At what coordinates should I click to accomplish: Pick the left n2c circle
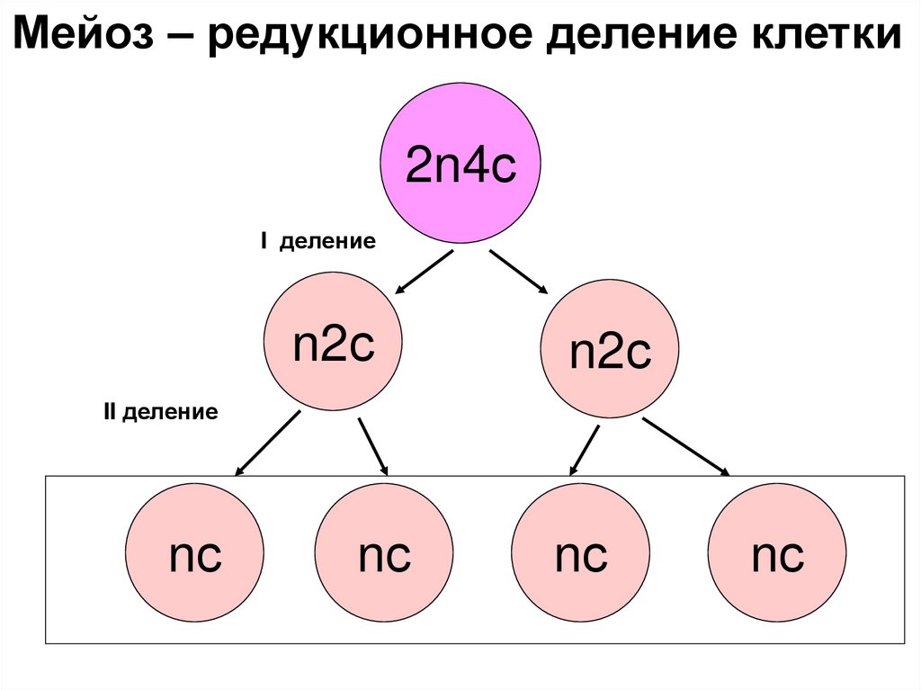click(333, 342)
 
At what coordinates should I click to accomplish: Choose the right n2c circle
click(610, 349)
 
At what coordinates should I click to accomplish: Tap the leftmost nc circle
click(195, 552)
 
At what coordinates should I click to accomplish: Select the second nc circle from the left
click(384, 552)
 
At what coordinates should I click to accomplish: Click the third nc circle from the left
click(581, 552)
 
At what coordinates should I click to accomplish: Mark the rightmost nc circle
click(777, 552)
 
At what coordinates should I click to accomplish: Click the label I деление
click(317, 242)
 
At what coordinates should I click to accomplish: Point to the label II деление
click(161, 413)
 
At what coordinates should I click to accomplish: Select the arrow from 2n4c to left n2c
click(424, 273)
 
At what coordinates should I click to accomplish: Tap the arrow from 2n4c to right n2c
click(518, 272)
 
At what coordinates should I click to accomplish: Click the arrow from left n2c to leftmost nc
click(268, 443)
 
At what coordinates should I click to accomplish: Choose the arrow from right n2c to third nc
click(585, 450)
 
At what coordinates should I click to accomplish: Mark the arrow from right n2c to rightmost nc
click(686, 446)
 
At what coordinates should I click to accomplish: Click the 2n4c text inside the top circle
click(460, 167)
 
